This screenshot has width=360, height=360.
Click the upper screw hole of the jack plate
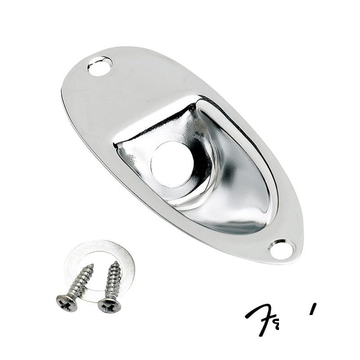tap(100, 66)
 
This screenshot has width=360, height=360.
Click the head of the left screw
tap(67, 301)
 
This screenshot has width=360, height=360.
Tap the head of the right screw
tap(109, 306)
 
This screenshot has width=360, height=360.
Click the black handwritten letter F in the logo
tap(259, 317)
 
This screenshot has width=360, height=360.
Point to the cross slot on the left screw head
tap(67, 301)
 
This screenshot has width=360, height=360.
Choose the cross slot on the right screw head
tap(109, 306)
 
